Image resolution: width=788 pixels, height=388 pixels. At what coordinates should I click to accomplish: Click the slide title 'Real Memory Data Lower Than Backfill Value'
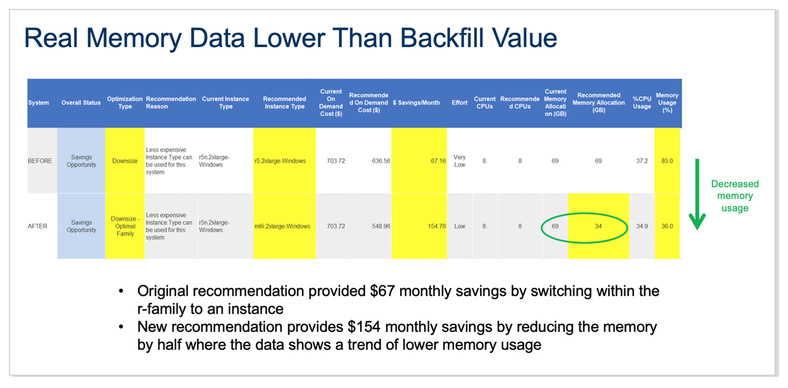[290, 38]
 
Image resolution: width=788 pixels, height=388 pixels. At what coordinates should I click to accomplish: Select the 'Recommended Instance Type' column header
[284, 103]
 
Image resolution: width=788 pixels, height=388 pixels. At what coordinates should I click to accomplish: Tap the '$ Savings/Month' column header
[416, 103]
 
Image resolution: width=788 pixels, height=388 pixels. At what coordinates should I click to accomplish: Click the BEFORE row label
[40, 161]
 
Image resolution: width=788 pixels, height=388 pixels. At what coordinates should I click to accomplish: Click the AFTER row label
[37, 226]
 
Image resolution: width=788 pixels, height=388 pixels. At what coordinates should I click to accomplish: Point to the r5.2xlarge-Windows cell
[280, 161]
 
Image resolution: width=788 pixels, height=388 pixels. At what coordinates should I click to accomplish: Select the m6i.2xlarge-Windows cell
[282, 226]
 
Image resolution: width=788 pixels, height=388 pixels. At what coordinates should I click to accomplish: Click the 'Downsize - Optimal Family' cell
[125, 226]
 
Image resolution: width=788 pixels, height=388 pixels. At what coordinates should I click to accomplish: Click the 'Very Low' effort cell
[459, 161]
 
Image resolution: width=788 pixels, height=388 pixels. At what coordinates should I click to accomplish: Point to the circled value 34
[598, 226]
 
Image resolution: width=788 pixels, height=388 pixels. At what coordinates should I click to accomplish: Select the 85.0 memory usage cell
[667, 161]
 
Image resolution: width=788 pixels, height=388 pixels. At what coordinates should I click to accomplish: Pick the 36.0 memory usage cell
[667, 226]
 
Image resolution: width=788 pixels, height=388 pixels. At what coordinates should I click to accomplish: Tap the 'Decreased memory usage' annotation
[735, 196]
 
